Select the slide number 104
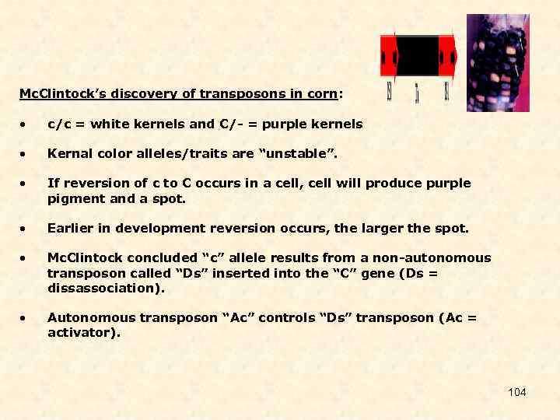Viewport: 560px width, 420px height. click(517, 392)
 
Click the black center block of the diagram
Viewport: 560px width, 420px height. click(418, 56)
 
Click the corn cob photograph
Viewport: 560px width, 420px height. click(498, 62)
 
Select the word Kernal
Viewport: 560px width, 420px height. click(68, 154)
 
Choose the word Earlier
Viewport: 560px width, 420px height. click(69, 229)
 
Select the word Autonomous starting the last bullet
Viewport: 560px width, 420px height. click(87, 317)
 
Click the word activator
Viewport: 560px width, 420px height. click(83, 332)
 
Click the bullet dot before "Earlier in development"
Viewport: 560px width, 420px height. click(26, 229)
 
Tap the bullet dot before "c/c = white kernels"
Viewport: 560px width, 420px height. click(26, 124)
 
